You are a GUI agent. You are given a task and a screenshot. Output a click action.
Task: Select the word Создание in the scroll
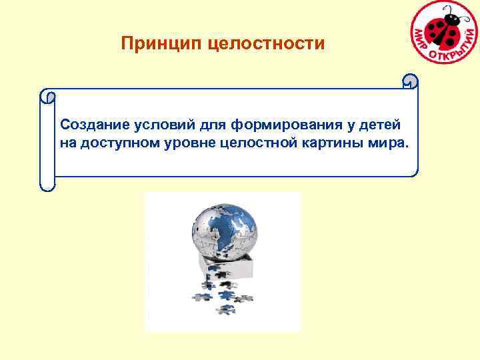(91, 125)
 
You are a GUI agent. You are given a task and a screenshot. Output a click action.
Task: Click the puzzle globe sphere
(224, 231)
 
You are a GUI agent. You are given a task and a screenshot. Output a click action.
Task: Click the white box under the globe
(233, 267)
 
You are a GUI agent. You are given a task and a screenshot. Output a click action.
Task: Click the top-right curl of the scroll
(410, 81)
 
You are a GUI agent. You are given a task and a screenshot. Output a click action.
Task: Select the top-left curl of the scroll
(47, 96)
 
